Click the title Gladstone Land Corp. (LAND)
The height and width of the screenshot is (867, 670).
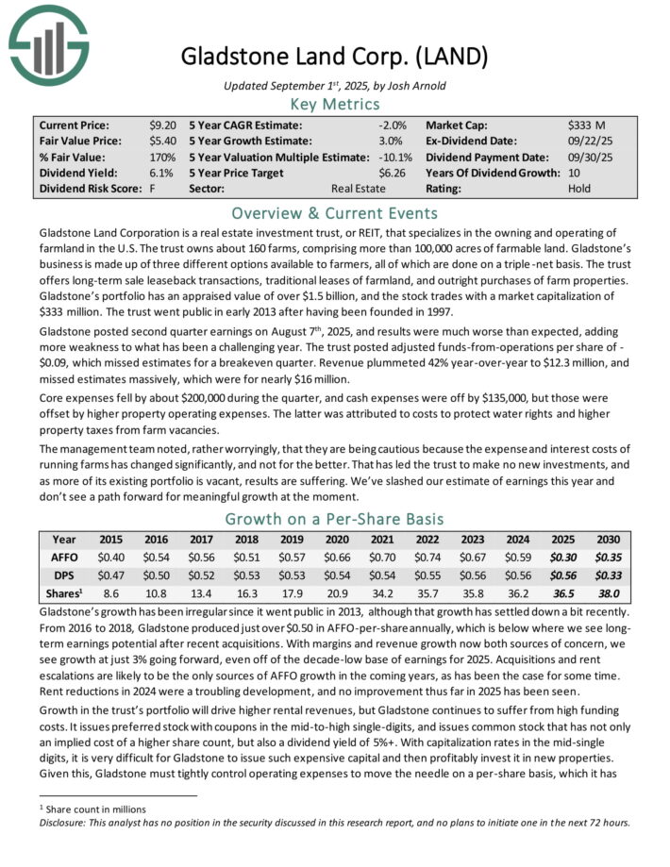pos(335,56)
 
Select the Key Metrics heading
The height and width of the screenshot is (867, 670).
pos(335,104)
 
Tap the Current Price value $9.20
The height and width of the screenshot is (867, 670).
pos(160,125)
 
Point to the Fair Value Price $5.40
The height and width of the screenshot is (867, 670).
pos(160,141)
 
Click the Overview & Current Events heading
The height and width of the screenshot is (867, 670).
pos(335,212)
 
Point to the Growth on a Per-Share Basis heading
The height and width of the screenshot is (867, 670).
pos(335,519)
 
